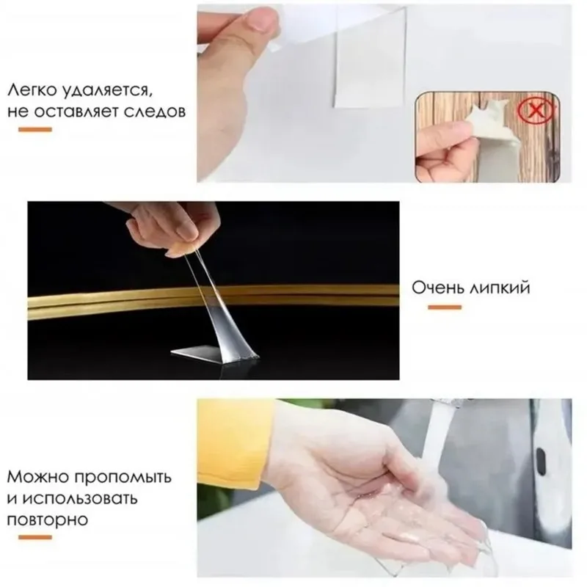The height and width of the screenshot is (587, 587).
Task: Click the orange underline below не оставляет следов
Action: (x=34, y=130)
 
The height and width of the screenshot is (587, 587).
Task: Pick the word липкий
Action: (x=499, y=287)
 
